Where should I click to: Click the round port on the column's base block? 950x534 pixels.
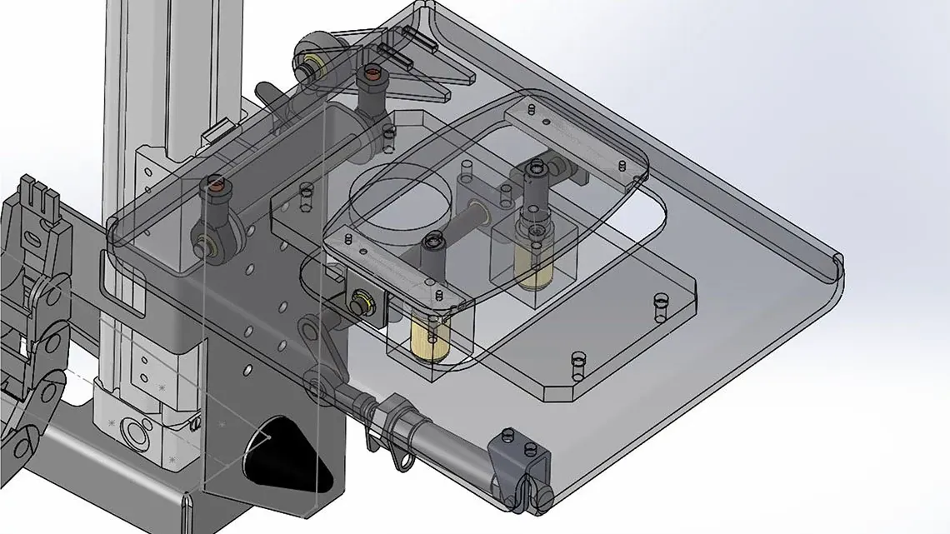[x=134, y=433]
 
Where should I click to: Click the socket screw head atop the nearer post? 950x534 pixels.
[x=432, y=244]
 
